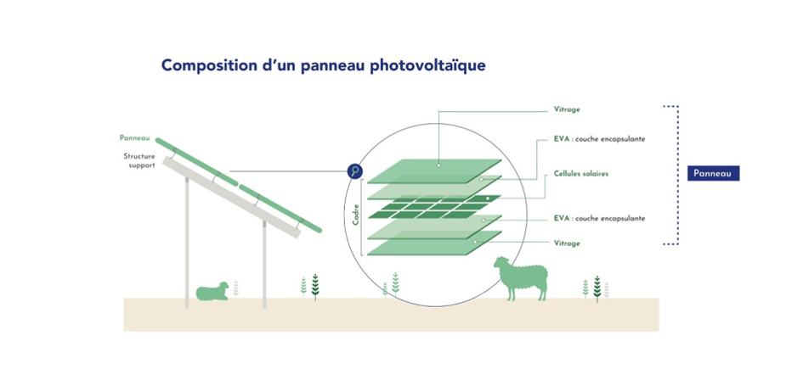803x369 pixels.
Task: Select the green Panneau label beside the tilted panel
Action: click(x=134, y=138)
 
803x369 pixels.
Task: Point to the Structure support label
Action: click(x=139, y=160)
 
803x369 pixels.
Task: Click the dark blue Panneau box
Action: click(x=714, y=174)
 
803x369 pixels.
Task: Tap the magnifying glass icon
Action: click(x=355, y=171)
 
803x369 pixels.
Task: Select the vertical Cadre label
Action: click(x=355, y=215)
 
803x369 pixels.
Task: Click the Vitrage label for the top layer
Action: click(x=567, y=109)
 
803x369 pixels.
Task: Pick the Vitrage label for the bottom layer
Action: click(x=567, y=243)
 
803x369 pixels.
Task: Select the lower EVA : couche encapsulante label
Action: click(x=599, y=219)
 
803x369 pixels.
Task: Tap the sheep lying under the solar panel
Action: click(x=212, y=292)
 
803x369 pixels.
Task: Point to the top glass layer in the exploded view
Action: click(x=434, y=171)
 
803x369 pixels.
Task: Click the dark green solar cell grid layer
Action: click(x=434, y=206)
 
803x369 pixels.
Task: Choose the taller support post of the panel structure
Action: click(x=187, y=243)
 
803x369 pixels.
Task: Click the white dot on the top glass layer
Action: click(x=438, y=165)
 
